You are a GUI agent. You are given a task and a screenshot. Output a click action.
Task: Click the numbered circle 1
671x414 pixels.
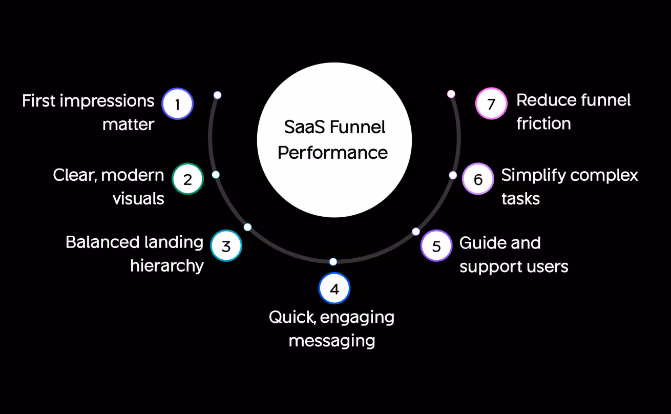pyautogui.click(x=177, y=104)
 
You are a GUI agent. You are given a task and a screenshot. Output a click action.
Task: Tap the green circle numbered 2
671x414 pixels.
pyautogui.click(x=187, y=179)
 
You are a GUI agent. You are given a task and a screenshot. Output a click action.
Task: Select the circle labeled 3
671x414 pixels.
pyautogui.click(x=226, y=245)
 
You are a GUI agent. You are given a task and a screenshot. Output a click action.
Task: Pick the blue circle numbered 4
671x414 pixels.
pyautogui.click(x=334, y=288)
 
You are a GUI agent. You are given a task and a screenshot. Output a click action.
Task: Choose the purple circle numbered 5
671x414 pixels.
pyautogui.click(x=436, y=245)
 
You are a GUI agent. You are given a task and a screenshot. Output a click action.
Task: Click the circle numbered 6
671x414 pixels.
pyautogui.click(x=478, y=179)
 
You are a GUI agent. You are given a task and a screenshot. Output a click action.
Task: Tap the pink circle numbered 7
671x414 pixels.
pyautogui.click(x=491, y=104)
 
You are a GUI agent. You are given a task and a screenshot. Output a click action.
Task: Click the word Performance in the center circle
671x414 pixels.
pyautogui.click(x=333, y=153)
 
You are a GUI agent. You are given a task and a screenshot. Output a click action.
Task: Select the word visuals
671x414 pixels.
pyautogui.click(x=138, y=199)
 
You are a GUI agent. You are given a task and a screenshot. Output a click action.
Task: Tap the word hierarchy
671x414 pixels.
pyautogui.click(x=167, y=266)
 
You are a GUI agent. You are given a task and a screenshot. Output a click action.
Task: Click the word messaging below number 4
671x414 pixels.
pyautogui.click(x=331, y=340)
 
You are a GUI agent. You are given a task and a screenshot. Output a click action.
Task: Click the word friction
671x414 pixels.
pyautogui.click(x=543, y=123)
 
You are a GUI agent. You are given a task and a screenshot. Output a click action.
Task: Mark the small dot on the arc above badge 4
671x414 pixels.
pyautogui.click(x=333, y=262)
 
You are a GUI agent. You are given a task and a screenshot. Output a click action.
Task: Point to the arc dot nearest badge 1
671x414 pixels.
pyautogui.click(x=217, y=95)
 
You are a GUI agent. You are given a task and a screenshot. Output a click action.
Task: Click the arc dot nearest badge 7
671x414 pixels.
pyautogui.click(x=451, y=94)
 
